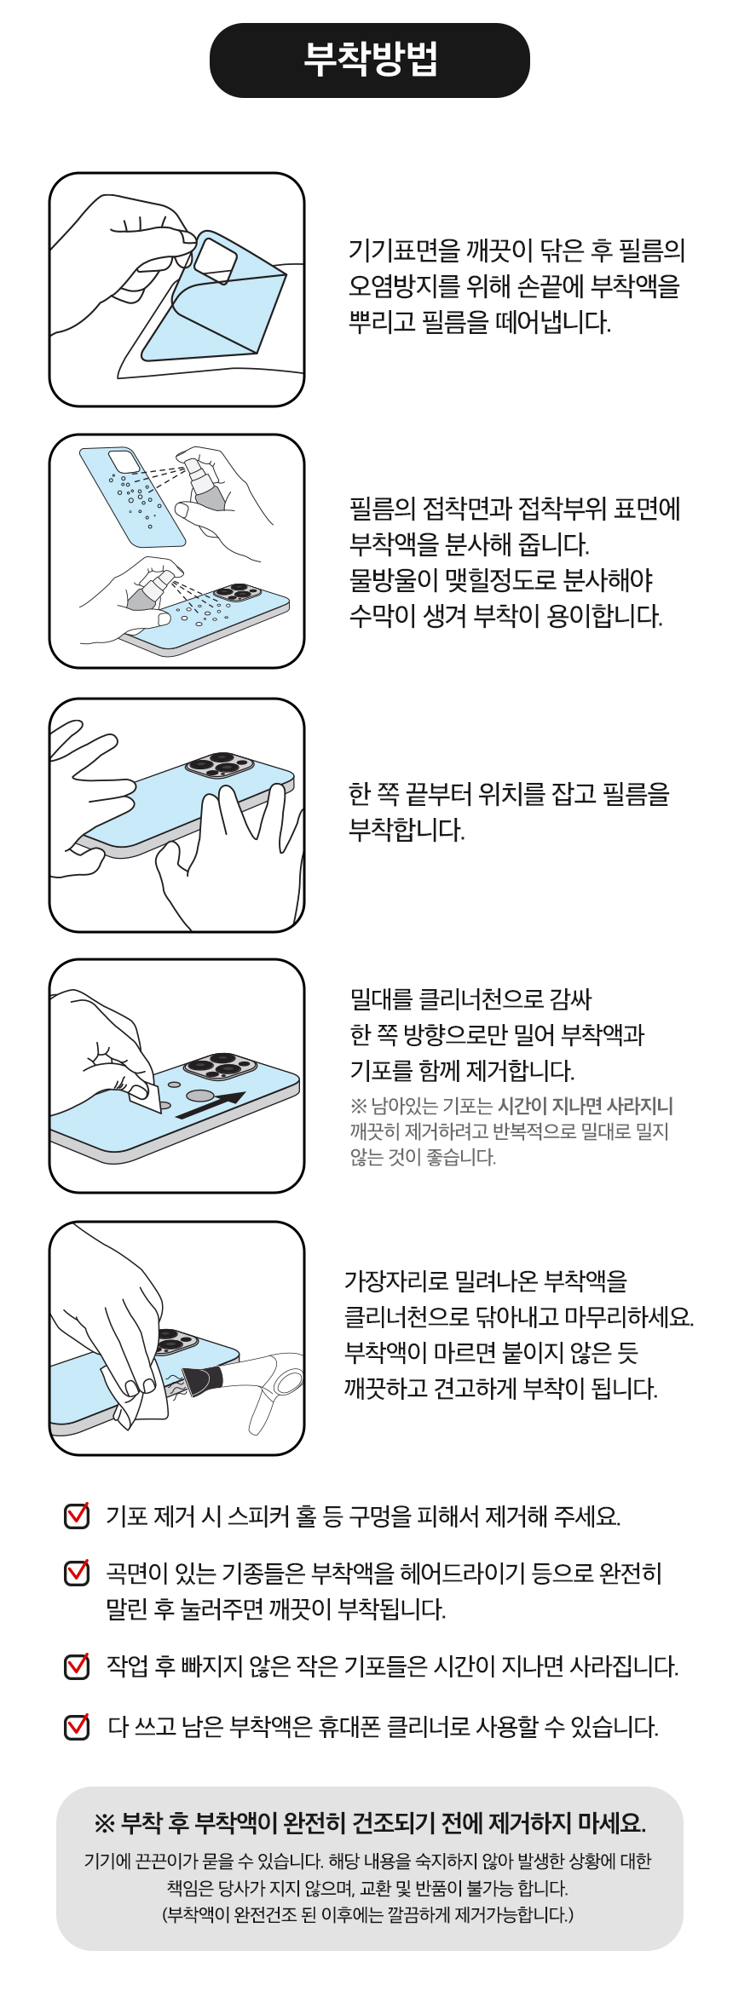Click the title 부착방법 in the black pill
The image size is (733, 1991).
tap(370, 60)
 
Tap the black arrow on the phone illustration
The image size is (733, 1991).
tap(211, 1105)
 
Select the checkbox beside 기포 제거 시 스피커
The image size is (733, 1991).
tap(77, 1515)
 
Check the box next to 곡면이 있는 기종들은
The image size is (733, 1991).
tap(77, 1572)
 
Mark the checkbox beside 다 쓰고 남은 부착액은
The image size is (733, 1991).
tap(77, 1726)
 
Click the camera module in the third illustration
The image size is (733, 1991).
tap(220, 764)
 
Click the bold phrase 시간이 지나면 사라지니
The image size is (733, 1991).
tap(586, 1106)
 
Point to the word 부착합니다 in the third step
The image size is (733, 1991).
tap(407, 829)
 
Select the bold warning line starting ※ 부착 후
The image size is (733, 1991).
tap(369, 1824)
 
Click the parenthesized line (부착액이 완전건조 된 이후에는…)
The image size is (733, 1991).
tap(368, 1914)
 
